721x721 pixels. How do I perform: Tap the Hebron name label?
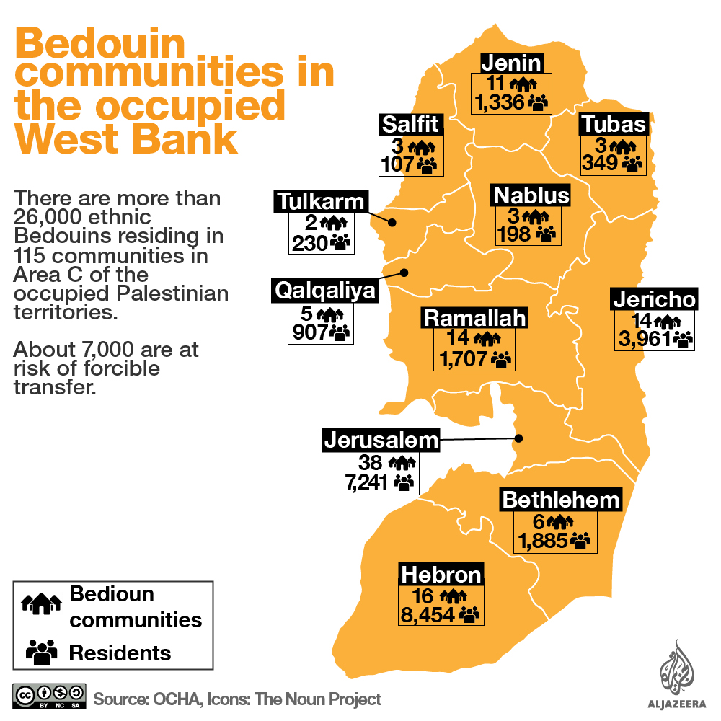click(441, 575)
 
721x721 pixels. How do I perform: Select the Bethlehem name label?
click(561, 500)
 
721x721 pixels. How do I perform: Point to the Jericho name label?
click(655, 299)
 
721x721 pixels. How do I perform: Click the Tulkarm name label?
click(321, 201)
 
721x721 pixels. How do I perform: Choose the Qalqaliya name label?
click(325, 291)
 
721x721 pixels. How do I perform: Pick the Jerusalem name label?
click(381, 440)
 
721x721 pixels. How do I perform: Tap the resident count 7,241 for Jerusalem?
click(368, 482)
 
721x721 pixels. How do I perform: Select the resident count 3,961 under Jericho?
click(644, 338)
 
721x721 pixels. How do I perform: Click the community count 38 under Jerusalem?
click(371, 461)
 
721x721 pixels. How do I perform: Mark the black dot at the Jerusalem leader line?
click(518, 438)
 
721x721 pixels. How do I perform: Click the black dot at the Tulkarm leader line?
click(393, 222)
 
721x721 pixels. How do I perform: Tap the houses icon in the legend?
click(43, 603)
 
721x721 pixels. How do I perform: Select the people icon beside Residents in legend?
click(41, 652)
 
